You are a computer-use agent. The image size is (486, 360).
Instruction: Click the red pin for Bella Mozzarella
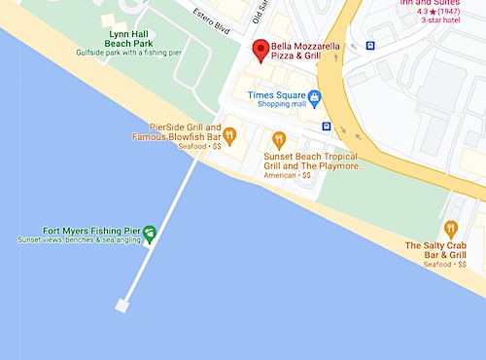coord(260,51)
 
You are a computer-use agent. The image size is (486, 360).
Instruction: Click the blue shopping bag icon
coord(314,95)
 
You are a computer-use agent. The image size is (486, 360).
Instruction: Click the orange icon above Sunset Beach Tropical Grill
coord(279,139)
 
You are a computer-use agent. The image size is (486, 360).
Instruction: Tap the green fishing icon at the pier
coord(150,232)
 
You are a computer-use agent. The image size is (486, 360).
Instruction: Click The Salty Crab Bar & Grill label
coord(437,250)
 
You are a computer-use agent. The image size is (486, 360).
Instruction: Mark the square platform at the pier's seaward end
coord(122,306)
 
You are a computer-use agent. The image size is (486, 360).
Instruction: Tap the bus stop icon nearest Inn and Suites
coord(370,45)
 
